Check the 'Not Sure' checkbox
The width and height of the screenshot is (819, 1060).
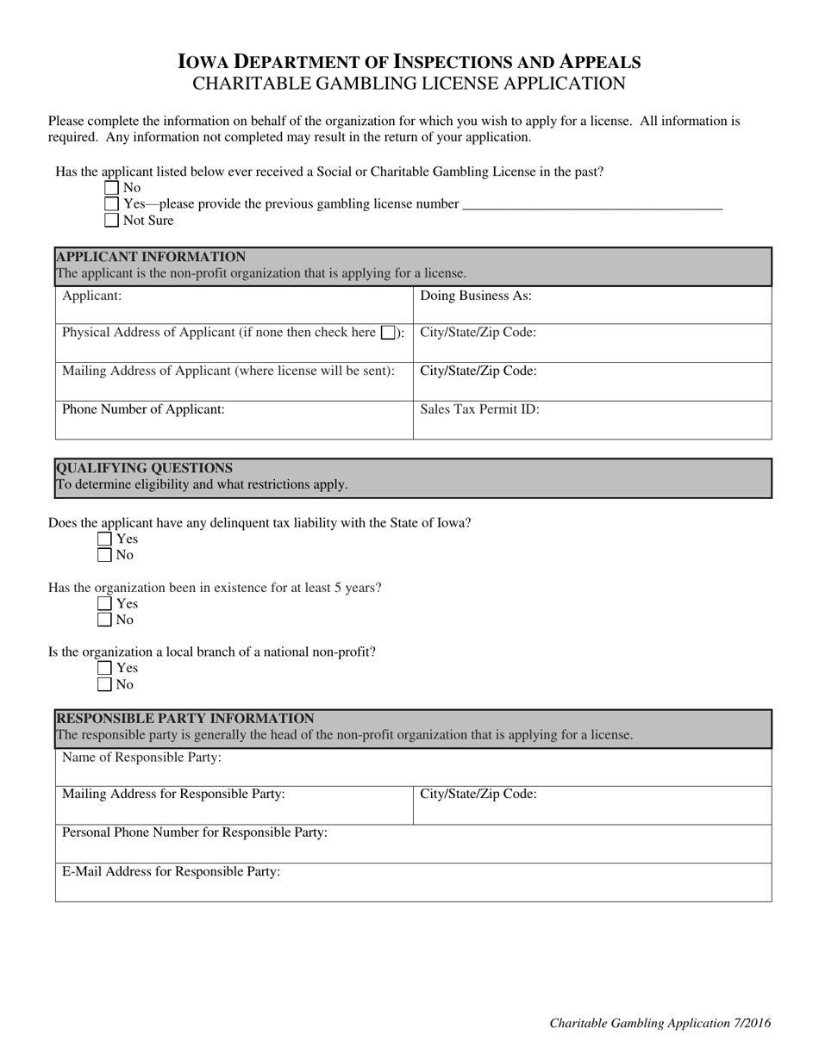(x=111, y=221)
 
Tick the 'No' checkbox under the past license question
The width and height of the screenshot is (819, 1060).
(x=111, y=188)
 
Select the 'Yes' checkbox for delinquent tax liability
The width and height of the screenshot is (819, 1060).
(x=104, y=539)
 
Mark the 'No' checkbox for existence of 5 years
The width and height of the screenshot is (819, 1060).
(x=104, y=620)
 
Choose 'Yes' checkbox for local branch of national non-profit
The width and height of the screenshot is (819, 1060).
(x=104, y=668)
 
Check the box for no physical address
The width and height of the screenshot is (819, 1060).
(x=388, y=333)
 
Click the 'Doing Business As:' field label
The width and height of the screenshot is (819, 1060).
(x=475, y=296)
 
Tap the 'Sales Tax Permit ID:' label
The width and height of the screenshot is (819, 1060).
(x=479, y=409)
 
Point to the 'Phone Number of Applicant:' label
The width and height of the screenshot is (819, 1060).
(x=143, y=409)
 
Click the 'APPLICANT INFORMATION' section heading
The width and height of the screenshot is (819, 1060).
(x=151, y=257)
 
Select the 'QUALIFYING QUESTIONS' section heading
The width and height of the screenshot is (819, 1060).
(x=144, y=468)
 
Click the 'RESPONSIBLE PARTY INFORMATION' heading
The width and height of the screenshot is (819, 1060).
(x=184, y=718)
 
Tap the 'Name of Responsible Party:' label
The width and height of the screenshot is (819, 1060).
(x=141, y=758)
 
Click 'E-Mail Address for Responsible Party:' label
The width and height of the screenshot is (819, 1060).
(x=171, y=871)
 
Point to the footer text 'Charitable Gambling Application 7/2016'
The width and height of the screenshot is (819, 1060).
(x=660, y=1023)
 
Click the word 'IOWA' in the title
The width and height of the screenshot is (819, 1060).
(x=204, y=62)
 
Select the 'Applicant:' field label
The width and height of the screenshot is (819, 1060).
(x=92, y=296)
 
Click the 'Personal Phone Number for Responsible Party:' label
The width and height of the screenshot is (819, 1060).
(x=194, y=832)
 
